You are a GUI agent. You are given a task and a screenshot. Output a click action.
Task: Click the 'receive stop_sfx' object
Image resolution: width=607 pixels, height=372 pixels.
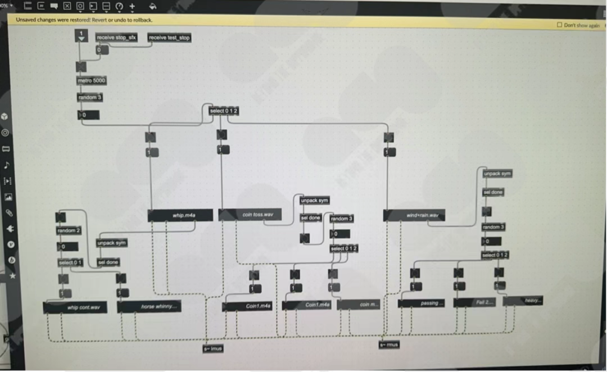click(x=116, y=38)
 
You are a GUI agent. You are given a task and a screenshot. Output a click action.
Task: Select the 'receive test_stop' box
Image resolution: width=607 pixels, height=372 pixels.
click(x=169, y=38)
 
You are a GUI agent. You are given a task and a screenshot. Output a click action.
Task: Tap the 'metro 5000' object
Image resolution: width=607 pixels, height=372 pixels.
click(x=91, y=81)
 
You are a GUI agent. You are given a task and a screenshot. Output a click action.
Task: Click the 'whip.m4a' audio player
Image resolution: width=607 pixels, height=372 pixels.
click(x=180, y=215)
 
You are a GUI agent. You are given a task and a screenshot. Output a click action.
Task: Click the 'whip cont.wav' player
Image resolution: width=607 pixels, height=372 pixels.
click(x=75, y=307)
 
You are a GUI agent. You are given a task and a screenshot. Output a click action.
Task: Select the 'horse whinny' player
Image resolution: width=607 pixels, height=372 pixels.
click(x=150, y=307)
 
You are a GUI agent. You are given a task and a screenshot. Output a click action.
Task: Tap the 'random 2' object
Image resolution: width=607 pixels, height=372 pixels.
click(x=69, y=231)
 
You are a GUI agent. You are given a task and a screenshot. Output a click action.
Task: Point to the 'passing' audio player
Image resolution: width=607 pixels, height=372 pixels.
click(x=422, y=303)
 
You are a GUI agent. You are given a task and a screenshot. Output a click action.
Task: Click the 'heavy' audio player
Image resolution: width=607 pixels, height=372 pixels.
click(x=523, y=301)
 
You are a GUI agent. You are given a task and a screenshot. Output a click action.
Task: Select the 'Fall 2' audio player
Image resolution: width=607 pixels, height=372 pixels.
click(x=475, y=302)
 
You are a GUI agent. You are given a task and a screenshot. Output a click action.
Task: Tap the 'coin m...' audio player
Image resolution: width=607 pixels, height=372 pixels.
click(x=359, y=305)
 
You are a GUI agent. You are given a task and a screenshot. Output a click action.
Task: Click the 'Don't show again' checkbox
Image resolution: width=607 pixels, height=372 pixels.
click(x=559, y=25)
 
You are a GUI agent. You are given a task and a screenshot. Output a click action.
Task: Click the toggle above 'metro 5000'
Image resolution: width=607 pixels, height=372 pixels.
click(x=81, y=67)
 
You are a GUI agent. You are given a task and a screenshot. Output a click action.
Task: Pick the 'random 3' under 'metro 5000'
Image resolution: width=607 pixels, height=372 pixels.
click(x=90, y=98)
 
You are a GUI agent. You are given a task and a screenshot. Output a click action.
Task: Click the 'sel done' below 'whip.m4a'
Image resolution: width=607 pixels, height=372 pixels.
click(x=108, y=262)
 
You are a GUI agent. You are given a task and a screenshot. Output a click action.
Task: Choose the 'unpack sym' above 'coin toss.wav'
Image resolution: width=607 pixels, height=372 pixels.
click(x=315, y=201)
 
